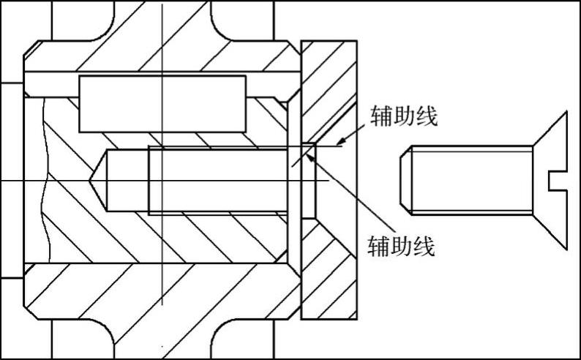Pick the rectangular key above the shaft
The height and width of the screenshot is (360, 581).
tap(162, 103)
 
